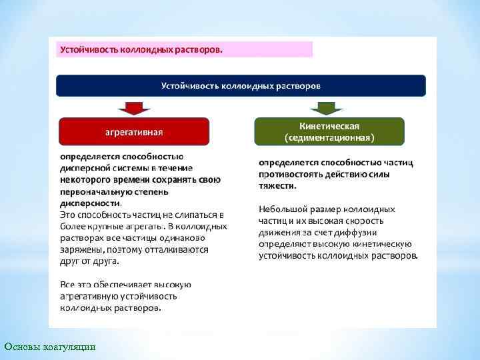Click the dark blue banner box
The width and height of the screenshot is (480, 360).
point(241,86)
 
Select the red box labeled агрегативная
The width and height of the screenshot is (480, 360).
point(134,131)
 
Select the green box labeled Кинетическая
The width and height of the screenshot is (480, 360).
point(329,131)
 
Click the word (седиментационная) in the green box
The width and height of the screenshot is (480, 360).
point(329,138)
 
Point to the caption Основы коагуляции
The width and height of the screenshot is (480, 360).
point(50,347)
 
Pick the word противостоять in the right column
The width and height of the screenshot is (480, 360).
point(290,175)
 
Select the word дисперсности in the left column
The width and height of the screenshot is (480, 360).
point(90,203)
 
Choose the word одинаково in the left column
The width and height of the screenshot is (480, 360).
point(191,238)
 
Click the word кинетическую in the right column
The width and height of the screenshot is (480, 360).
point(382,244)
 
